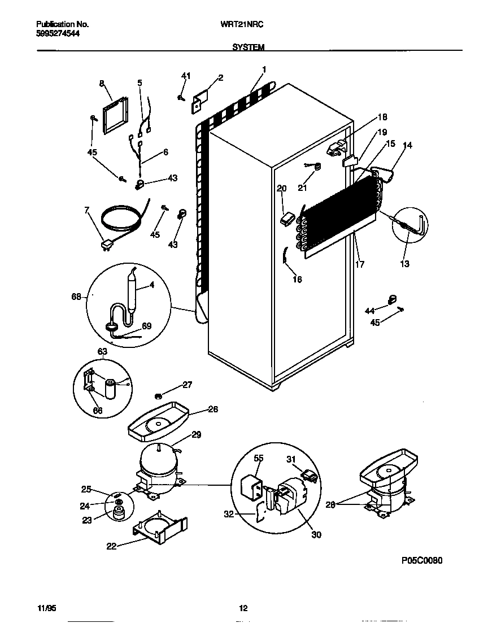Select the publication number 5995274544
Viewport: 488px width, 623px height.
pyautogui.click(x=58, y=33)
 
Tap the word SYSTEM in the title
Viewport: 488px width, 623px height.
pyautogui.click(x=249, y=48)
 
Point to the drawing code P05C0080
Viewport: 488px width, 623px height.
pyautogui.click(x=421, y=560)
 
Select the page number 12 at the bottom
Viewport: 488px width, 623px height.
pyautogui.click(x=243, y=608)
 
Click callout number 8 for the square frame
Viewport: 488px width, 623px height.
pyautogui.click(x=102, y=84)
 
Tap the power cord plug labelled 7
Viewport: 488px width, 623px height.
pyautogui.click(x=106, y=244)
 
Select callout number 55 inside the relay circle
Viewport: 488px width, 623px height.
pyautogui.click(x=259, y=459)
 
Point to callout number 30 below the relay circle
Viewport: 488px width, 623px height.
pyautogui.click(x=316, y=534)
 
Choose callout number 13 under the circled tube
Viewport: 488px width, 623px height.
pyautogui.click(x=404, y=264)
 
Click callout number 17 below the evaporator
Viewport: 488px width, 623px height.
pyautogui.click(x=359, y=264)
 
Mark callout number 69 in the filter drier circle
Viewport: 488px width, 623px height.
pyautogui.click(x=146, y=326)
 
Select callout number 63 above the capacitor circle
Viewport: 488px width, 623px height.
pyautogui.click(x=102, y=351)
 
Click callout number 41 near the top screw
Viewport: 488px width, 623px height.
pyautogui.click(x=186, y=76)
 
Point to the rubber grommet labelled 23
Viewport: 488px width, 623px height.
pyautogui.click(x=119, y=512)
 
